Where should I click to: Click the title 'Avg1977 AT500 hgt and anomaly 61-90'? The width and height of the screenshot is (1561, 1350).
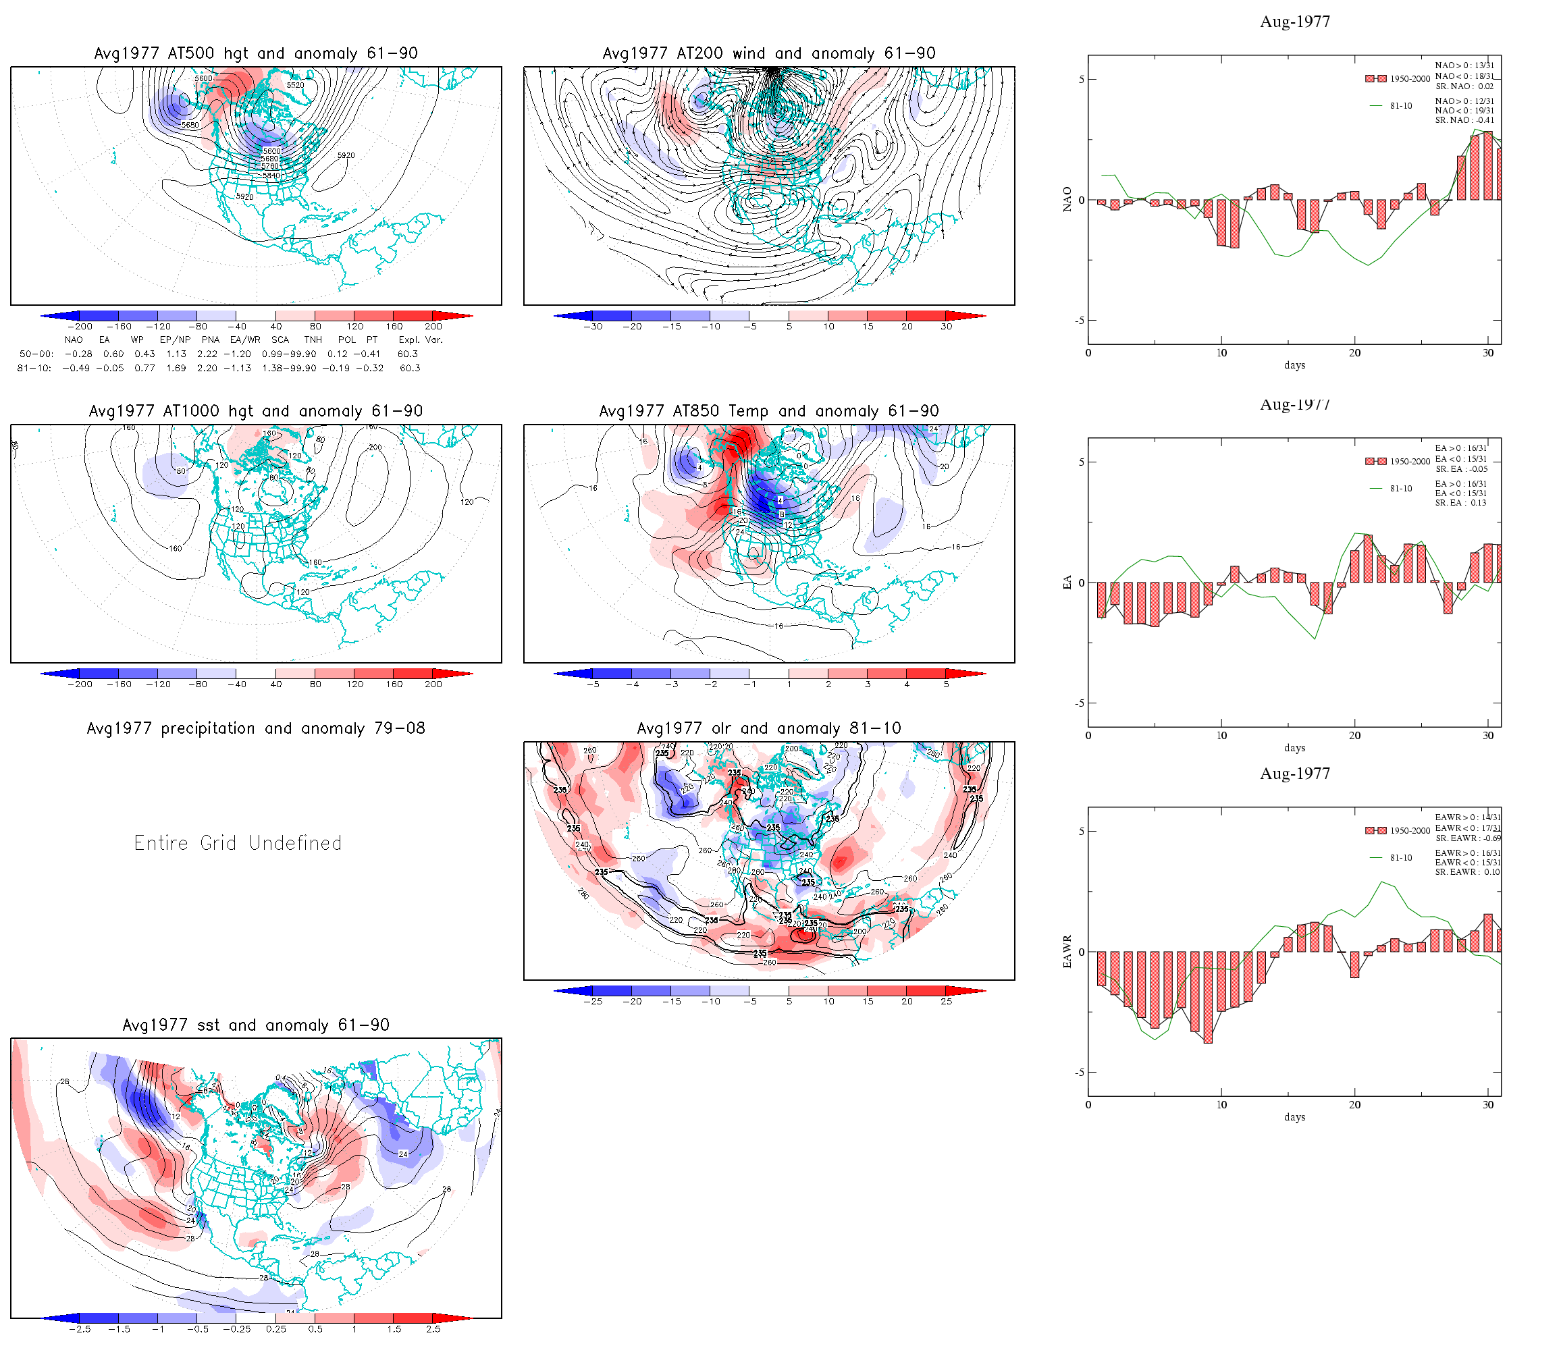255,53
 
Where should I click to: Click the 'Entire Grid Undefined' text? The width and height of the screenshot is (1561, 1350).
238,843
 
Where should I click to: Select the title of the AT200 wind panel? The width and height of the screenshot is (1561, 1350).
768,53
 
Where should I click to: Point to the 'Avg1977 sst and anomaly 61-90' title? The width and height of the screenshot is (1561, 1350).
255,1025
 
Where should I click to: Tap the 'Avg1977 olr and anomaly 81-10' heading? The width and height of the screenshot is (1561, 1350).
768,728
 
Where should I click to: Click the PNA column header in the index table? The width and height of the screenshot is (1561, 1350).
210,340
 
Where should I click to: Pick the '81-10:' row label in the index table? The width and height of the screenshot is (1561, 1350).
34,369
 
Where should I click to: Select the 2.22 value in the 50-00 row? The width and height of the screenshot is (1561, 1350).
207,354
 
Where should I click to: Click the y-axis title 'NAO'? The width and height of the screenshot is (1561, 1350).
1067,200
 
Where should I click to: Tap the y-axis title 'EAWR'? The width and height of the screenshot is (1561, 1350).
1067,952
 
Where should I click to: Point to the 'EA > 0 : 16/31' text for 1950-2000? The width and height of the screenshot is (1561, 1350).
1461,448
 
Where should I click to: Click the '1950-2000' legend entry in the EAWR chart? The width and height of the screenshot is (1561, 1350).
1410,831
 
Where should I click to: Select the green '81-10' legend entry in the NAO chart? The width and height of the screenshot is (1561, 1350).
1400,106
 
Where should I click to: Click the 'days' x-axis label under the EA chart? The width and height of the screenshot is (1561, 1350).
1294,748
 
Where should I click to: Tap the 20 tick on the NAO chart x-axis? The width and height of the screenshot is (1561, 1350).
1354,353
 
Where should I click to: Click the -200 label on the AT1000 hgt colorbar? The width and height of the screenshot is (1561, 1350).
80,685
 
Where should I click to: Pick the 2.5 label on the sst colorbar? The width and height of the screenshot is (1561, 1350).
433,1330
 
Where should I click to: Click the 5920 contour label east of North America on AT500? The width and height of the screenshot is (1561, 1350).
346,156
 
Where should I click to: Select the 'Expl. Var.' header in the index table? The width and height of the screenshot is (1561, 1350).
421,340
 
